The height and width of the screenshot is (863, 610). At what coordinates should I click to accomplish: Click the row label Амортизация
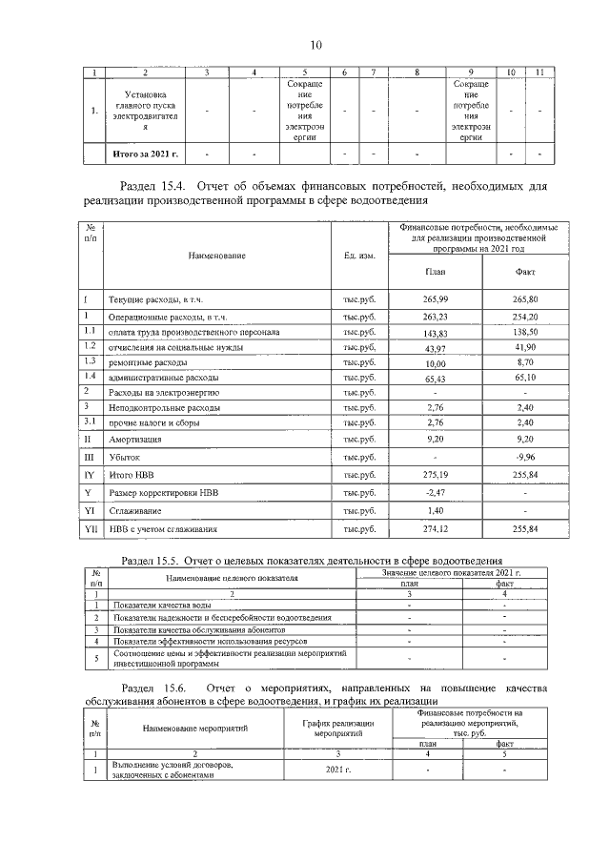(x=134, y=439)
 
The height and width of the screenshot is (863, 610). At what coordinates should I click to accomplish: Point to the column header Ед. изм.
(x=358, y=256)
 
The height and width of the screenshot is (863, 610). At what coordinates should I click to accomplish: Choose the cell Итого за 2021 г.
(x=146, y=153)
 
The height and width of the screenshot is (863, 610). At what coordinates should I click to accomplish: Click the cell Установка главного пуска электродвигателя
(x=146, y=111)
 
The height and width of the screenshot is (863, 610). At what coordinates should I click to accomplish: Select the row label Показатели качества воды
(x=162, y=606)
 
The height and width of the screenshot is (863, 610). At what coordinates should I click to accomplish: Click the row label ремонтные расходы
(x=148, y=362)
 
